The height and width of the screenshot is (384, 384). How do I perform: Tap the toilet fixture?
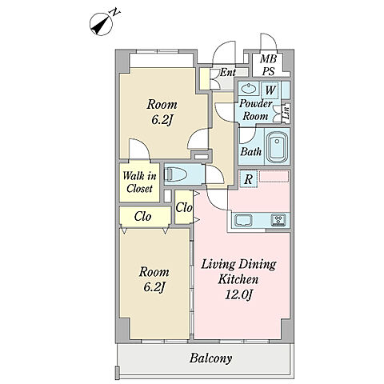(x=175, y=175)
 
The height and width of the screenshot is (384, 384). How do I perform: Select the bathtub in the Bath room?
(x=277, y=147)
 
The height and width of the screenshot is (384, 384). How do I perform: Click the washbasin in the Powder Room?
(x=249, y=89)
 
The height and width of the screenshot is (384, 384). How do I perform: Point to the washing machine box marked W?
(x=270, y=90)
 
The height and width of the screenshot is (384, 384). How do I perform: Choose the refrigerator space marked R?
(x=249, y=178)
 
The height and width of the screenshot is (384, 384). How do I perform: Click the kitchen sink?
(x=243, y=220)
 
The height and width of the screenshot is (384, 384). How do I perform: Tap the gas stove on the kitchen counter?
(x=279, y=220)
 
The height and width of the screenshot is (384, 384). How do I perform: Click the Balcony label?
(x=210, y=358)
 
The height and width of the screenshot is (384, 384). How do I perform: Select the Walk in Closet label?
(x=139, y=182)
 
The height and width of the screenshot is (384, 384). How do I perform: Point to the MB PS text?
(x=269, y=65)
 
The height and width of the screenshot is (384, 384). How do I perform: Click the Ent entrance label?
(x=228, y=72)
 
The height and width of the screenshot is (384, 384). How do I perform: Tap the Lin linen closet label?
(x=286, y=113)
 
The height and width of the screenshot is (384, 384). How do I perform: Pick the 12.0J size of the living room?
(x=238, y=295)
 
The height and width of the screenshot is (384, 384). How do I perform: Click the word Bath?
(x=250, y=152)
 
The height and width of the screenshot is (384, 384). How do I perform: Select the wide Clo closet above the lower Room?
(x=145, y=216)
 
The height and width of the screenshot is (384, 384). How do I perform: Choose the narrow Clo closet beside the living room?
(x=184, y=207)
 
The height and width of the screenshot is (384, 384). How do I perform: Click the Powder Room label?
(x=255, y=110)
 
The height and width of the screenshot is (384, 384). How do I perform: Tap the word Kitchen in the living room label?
(x=238, y=279)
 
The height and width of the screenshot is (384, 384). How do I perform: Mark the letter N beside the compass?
(x=115, y=12)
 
